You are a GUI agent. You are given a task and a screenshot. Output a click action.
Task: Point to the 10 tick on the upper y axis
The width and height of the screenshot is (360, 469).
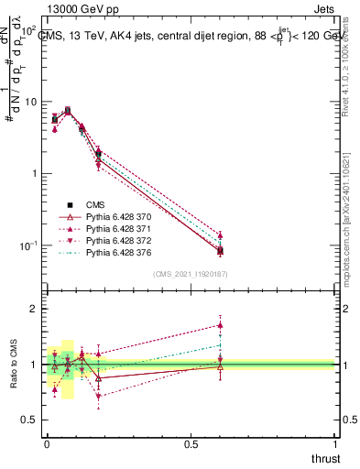coord(29,102)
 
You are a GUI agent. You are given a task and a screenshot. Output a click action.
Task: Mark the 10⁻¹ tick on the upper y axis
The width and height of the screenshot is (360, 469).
coord(27,245)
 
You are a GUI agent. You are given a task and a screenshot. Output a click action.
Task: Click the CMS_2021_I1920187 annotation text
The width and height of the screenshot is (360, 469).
coord(191,273)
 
